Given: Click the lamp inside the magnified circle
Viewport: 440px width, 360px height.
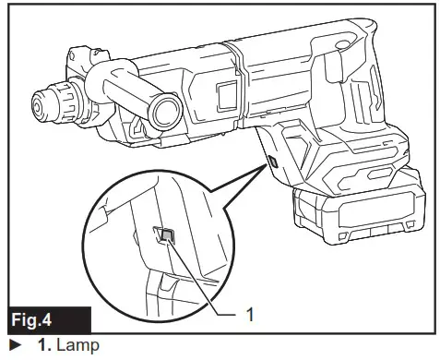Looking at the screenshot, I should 166,236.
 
